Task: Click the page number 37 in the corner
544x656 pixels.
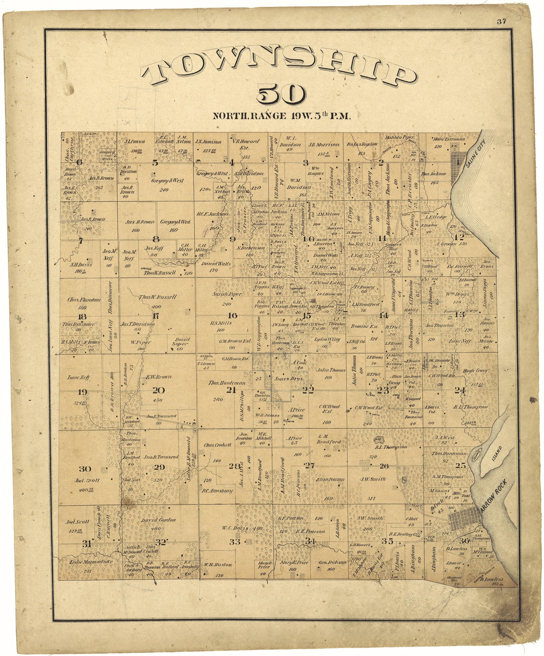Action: tap(501, 22)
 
